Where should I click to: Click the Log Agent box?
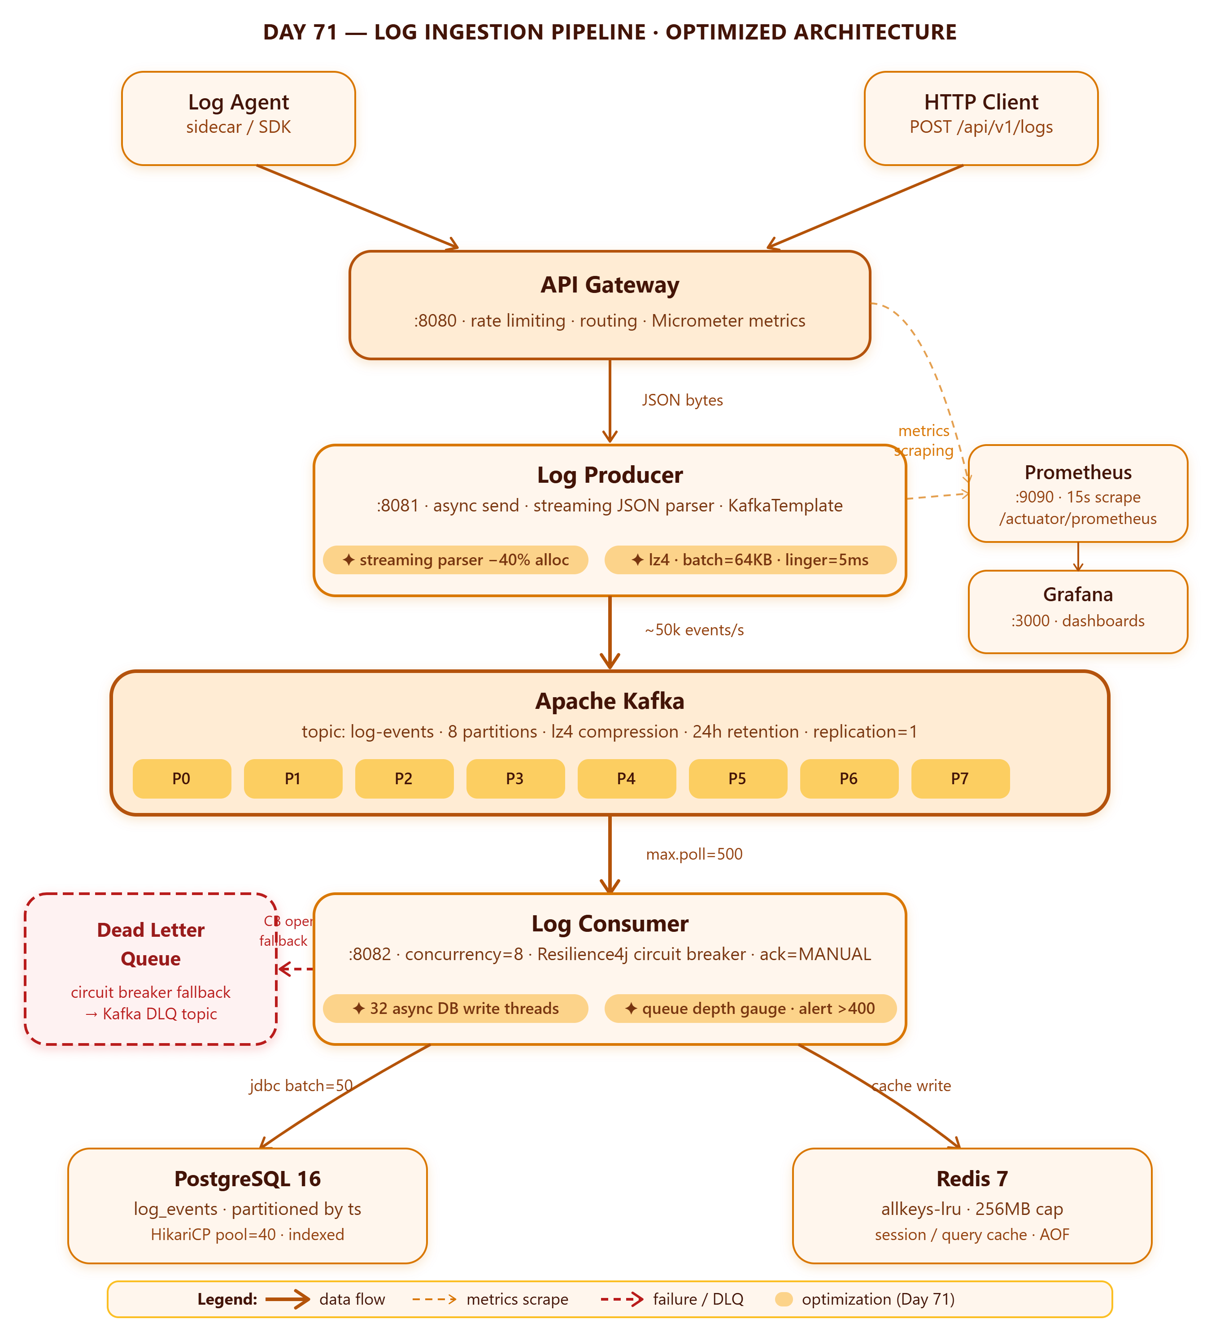238,118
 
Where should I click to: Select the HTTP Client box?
981,118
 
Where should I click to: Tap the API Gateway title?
610,284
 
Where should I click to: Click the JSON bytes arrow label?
683,400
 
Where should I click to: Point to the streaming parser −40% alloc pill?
456,560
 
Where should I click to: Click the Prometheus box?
1078,494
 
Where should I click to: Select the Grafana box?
1078,612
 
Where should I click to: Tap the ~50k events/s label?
694,630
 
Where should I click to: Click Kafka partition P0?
182,778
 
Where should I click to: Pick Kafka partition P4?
627,778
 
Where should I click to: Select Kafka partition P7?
961,778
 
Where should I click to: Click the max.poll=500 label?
694,854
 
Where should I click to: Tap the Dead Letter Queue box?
151,969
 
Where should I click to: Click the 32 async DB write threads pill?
456,1009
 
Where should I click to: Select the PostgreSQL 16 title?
248,1179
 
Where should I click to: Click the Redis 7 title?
972,1179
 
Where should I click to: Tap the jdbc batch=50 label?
301,1086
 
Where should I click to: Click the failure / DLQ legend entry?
672,1299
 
